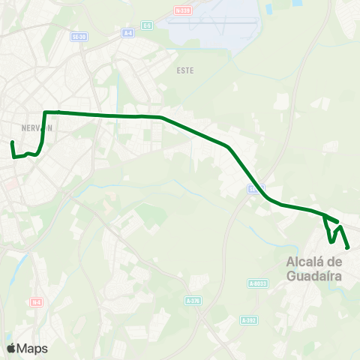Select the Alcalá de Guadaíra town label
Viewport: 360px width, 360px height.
point(314,268)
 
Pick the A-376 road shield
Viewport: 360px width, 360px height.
point(193,300)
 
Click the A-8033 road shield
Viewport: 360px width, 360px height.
point(257,283)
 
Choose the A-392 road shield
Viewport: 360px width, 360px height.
point(249,319)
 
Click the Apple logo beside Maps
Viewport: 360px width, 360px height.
point(11,348)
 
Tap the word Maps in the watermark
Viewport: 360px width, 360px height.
point(33,348)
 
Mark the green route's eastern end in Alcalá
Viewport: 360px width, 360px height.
point(349,247)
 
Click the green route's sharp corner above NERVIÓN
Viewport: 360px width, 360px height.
point(46,112)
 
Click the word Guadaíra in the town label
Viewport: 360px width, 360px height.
point(314,275)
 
